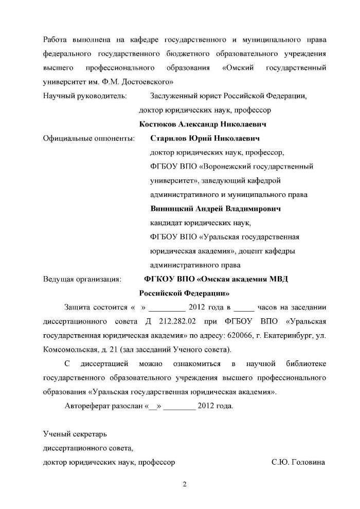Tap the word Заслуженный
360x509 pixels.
[x=173, y=96]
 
